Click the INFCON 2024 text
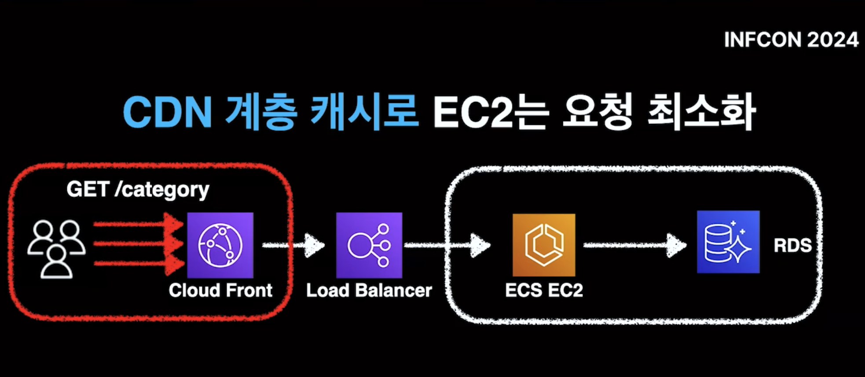click(x=791, y=40)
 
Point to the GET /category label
click(x=138, y=190)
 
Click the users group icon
click(x=56, y=249)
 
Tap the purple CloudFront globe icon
click(x=220, y=245)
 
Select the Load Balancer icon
click(x=369, y=245)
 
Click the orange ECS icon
click(x=544, y=245)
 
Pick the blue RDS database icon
click(x=728, y=242)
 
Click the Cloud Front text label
click(x=220, y=290)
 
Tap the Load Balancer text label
click(x=369, y=290)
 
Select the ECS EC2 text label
click(x=544, y=290)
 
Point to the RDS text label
click(x=792, y=245)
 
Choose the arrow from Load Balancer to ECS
click(x=447, y=245)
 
